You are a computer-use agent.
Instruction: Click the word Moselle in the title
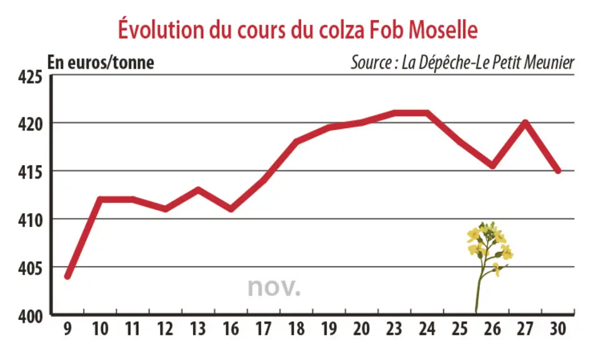(x=443, y=29)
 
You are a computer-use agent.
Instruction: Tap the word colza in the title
(x=341, y=29)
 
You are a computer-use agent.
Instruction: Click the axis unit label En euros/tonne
(x=101, y=62)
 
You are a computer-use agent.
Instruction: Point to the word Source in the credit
(x=370, y=62)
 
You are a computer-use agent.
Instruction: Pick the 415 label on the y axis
(x=31, y=172)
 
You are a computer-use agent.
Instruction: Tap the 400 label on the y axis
(x=31, y=316)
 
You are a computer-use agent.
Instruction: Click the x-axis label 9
(x=67, y=329)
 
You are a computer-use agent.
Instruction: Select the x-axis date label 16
(x=231, y=329)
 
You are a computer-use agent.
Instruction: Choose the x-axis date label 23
(x=394, y=329)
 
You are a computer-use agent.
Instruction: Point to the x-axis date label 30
(x=558, y=329)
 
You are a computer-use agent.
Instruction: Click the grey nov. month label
(x=274, y=287)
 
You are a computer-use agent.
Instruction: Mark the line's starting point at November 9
(x=67, y=276)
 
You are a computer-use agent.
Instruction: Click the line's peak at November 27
(x=525, y=122)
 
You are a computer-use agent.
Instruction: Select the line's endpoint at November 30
(x=558, y=171)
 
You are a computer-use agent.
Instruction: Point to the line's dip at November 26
(x=493, y=166)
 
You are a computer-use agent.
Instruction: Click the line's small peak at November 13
(x=198, y=189)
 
